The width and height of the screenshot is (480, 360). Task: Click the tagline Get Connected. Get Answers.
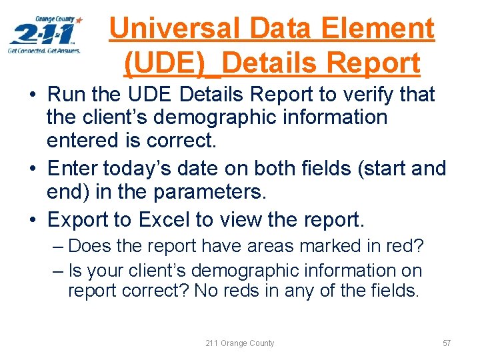[x=44, y=51]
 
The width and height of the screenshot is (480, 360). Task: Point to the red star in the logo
[x=79, y=21]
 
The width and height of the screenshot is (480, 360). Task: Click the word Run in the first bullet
[x=67, y=95]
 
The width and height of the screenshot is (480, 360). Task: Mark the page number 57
[x=447, y=343]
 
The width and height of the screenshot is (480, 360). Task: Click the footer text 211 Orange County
[x=239, y=343]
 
